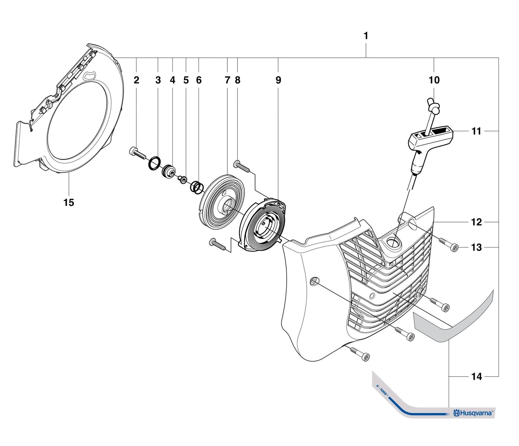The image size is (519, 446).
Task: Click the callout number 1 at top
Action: tap(366, 36)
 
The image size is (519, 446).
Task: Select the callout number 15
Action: tap(69, 203)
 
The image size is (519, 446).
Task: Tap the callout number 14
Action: tap(476, 377)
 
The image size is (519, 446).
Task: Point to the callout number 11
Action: tap(476, 132)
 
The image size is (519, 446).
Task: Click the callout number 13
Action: tap(476, 248)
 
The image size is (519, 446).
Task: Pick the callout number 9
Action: tap(278, 80)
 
